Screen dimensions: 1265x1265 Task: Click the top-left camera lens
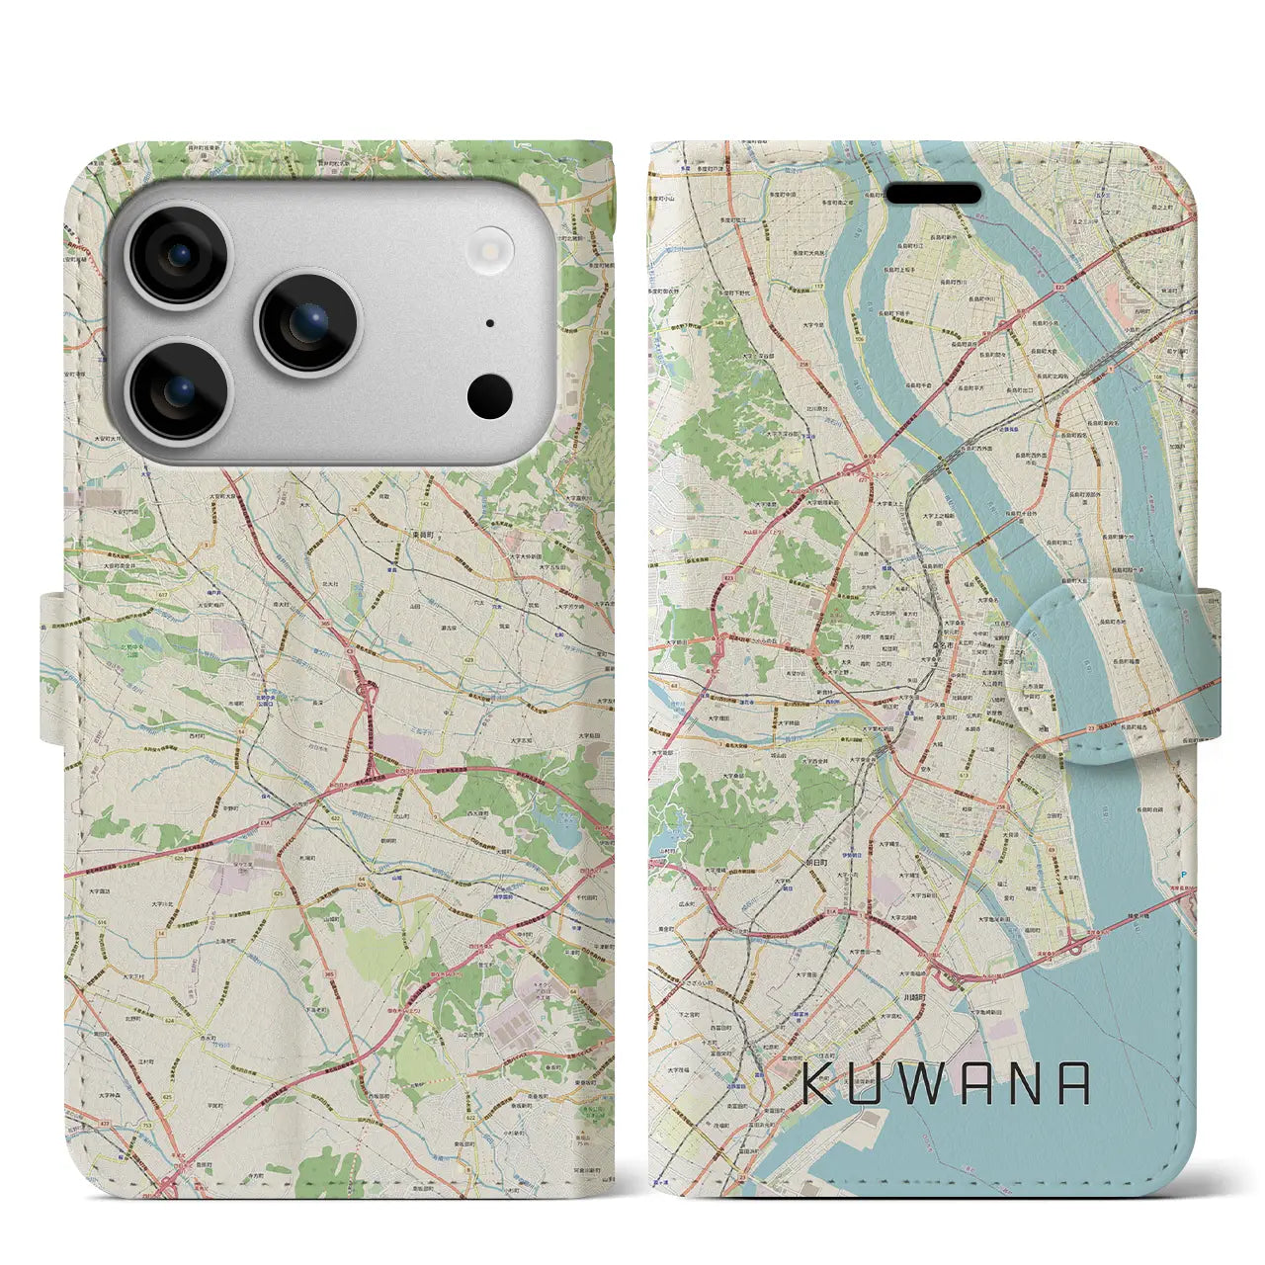click(x=179, y=256)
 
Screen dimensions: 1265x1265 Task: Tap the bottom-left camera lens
click(x=179, y=391)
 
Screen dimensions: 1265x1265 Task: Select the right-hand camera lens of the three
click(x=308, y=323)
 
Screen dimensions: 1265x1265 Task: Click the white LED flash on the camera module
click(x=491, y=246)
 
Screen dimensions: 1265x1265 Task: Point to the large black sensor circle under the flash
click(x=490, y=396)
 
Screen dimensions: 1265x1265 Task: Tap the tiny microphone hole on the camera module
click(x=490, y=323)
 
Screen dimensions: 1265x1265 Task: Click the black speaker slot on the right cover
click(x=933, y=194)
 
